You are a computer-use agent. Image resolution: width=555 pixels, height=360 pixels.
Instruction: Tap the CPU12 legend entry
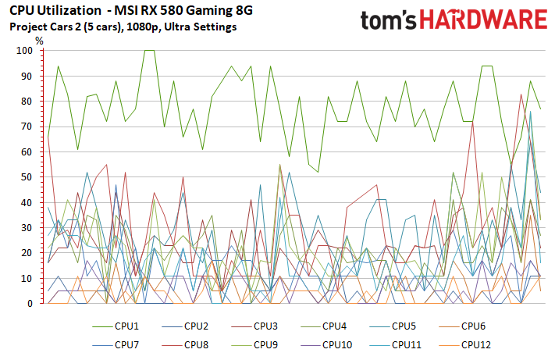tap(476, 344)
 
